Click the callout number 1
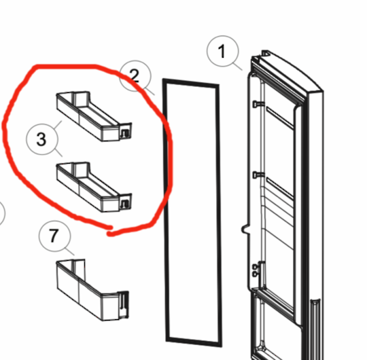[222, 51]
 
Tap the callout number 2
[135, 76]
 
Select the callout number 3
[41, 139]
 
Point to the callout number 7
[54, 235]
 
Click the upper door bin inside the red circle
[94, 116]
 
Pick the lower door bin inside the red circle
[94, 187]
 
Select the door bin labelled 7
[92, 290]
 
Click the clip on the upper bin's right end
[125, 134]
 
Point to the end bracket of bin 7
[123, 305]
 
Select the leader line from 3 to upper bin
[58, 126]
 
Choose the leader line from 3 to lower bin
[58, 152]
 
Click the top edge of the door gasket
[191, 83]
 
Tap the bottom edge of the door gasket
[194, 342]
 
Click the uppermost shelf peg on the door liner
[257, 104]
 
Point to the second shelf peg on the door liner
[257, 175]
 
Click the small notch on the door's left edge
[245, 229]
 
